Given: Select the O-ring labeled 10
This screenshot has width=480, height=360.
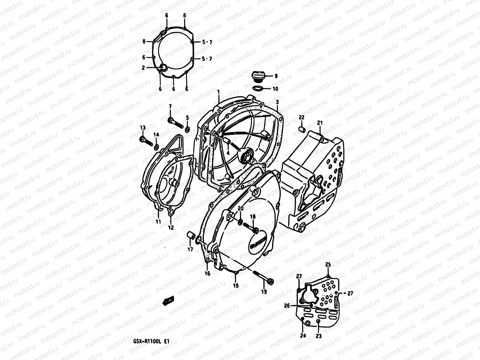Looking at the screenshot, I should (258, 88).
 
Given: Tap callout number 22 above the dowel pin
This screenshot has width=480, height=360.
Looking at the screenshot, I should (301, 117).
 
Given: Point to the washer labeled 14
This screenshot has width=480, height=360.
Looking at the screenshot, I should (156, 147).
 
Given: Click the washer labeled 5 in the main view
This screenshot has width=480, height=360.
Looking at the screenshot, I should (187, 129).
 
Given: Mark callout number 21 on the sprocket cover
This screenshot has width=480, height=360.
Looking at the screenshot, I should (320, 123).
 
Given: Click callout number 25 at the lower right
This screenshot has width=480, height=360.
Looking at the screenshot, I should (328, 265).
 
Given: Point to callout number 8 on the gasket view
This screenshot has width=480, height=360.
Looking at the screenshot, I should (144, 42).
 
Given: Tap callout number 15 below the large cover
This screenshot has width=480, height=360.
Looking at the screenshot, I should (236, 286).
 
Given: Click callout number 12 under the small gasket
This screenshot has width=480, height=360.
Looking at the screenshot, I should (171, 227).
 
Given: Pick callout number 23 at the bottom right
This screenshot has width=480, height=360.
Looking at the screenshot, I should (319, 336).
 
